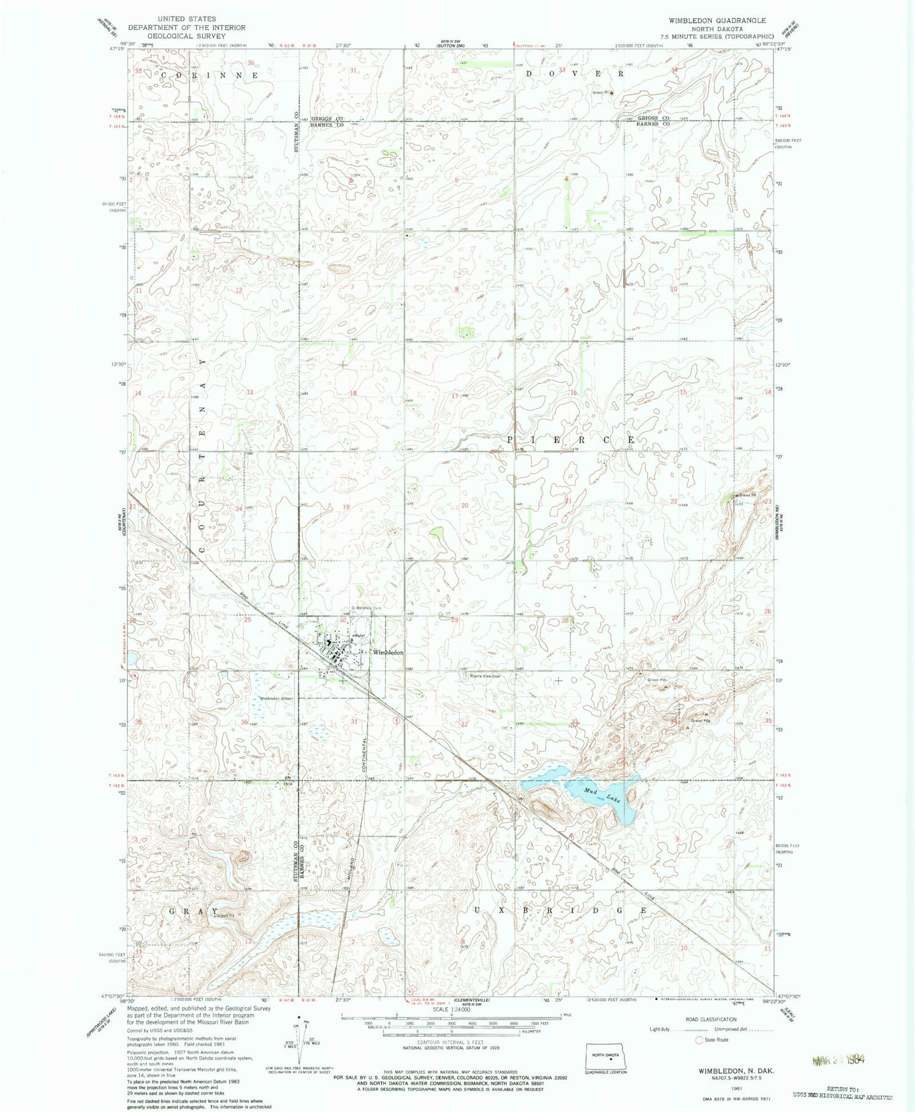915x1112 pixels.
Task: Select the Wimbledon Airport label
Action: tap(276, 698)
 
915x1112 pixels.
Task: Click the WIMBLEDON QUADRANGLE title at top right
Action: tap(717, 20)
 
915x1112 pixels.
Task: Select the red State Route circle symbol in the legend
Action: tap(699, 1040)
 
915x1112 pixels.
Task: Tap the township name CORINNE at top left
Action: tap(209, 74)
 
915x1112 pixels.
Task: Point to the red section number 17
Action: tap(454, 396)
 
